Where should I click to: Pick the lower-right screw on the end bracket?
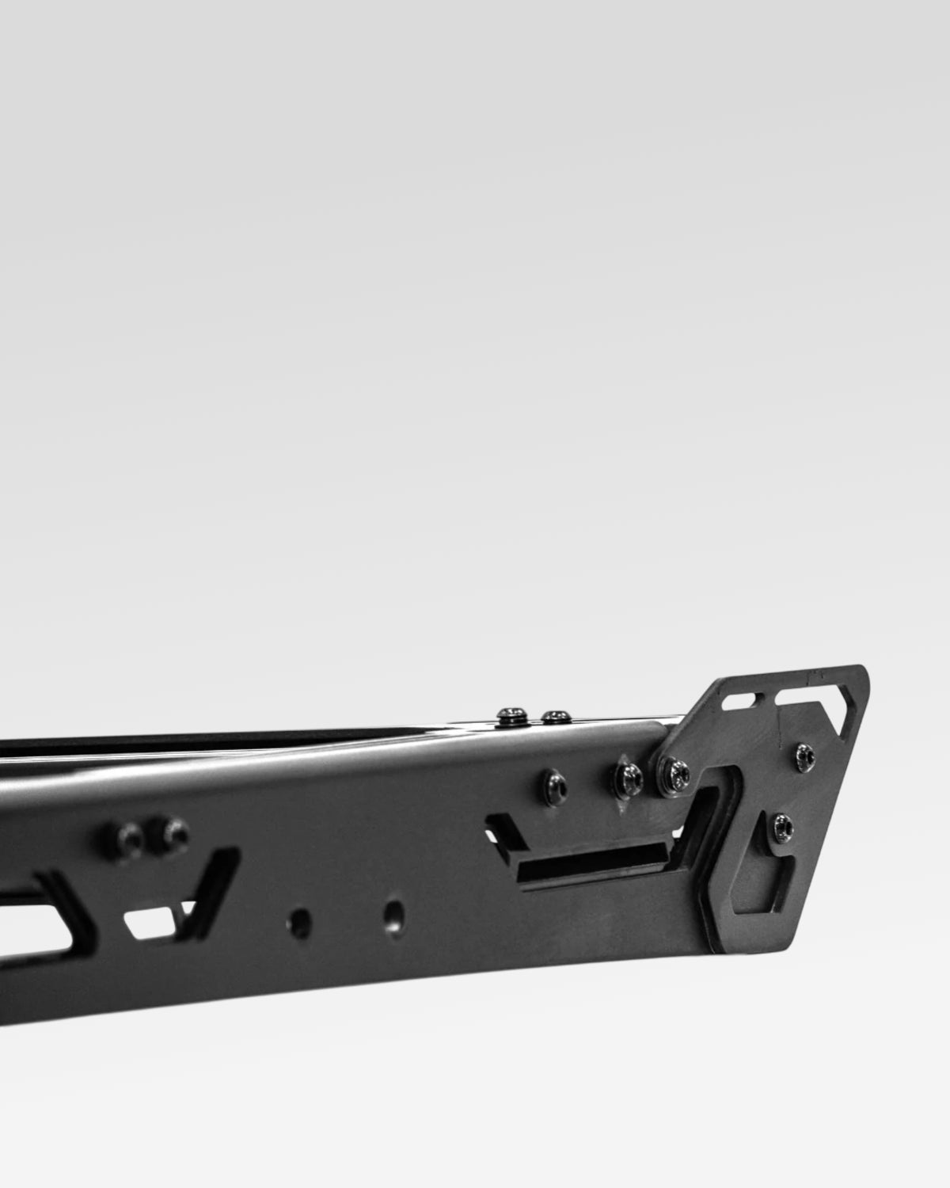click(x=782, y=824)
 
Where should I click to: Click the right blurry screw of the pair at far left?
click(x=173, y=832)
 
